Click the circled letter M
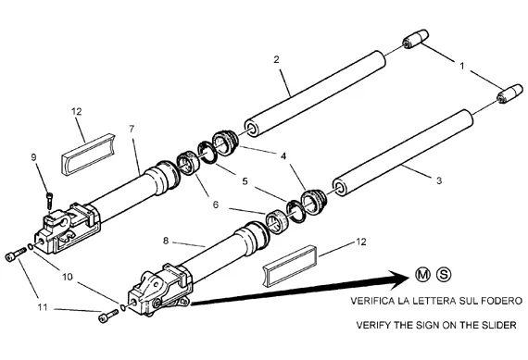click(x=422, y=275)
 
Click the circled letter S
click(x=444, y=275)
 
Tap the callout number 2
click(x=276, y=59)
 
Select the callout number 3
click(x=439, y=180)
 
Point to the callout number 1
click(x=462, y=66)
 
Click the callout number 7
click(x=132, y=129)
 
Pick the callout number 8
click(x=166, y=241)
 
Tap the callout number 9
click(x=33, y=157)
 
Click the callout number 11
click(x=43, y=307)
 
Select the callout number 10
click(x=68, y=277)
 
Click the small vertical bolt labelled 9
click(x=50, y=201)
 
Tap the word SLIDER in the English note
click(x=498, y=325)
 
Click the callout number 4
click(x=283, y=156)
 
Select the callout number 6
click(x=216, y=205)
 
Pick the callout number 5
click(x=245, y=181)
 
